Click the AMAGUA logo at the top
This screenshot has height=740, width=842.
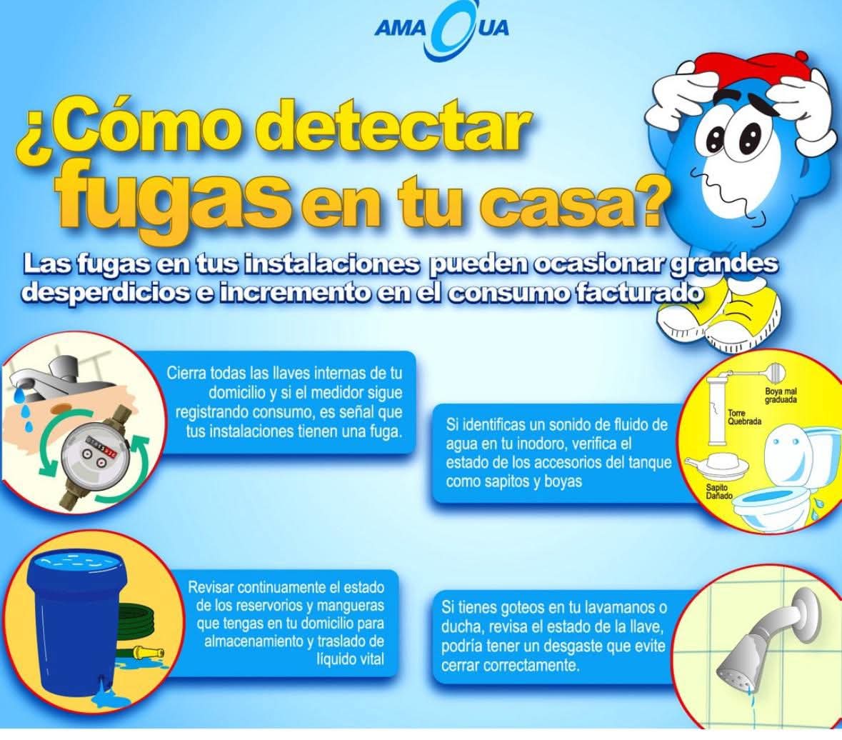point(441,32)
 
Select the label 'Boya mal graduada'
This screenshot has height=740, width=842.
point(781,395)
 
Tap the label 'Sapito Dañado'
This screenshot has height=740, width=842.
point(719,491)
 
